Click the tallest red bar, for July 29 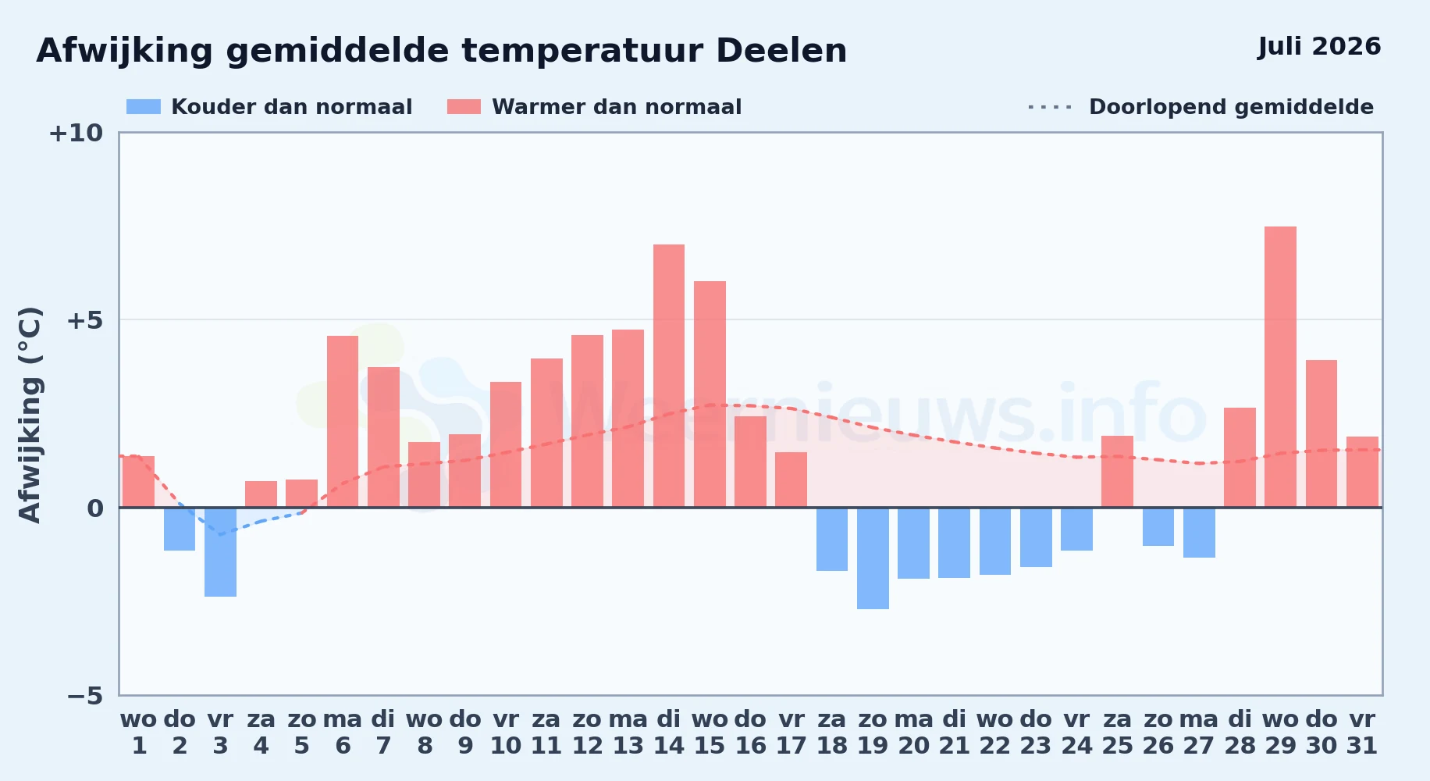pyautogui.click(x=1280, y=367)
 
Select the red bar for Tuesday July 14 pyautogui.click(x=669, y=376)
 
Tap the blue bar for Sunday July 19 pyautogui.click(x=873, y=558)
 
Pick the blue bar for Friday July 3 pyautogui.click(x=220, y=552)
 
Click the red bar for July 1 pyautogui.click(x=139, y=482)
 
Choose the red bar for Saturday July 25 pyautogui.click(x=1117, y=472)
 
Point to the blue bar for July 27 pyautogui.click(x=1199, y=533)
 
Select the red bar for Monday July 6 pyautogui.click(x=343, y=422)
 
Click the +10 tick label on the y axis pyautogui.click(x=76, y=133)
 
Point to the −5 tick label pyautogui.click(x=85, y=695)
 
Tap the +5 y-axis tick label pyautogui.click(x=85, y=320)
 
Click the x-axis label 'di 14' pyautogui.click(x=669, y=732)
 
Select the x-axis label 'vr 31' pyautogui.click(x=1362, y=732)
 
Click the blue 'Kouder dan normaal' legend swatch pyautogui.click(x=144, y=107)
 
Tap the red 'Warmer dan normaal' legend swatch pyautogui.click(x=464, y=107)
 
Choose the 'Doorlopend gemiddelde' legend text pyautogui.click(x=1231, y=107)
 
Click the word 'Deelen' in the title pyautogui.click(x=781, y=51)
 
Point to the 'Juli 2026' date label pyautogui.click(x=1319, y=47)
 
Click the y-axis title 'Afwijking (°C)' pyautogui.click(x=30, y=414)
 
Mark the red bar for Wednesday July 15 pyautogui.click(x=710, y=394)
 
